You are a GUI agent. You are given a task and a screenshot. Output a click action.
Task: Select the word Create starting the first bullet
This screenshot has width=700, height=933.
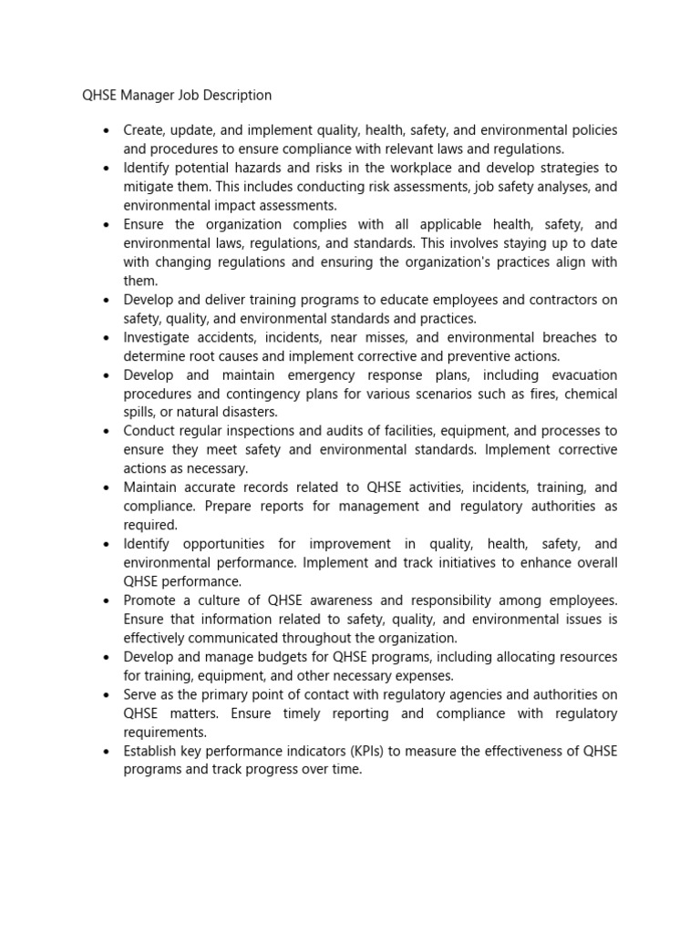point(144,130)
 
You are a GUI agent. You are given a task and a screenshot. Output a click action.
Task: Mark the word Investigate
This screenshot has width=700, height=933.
point(157,337)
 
